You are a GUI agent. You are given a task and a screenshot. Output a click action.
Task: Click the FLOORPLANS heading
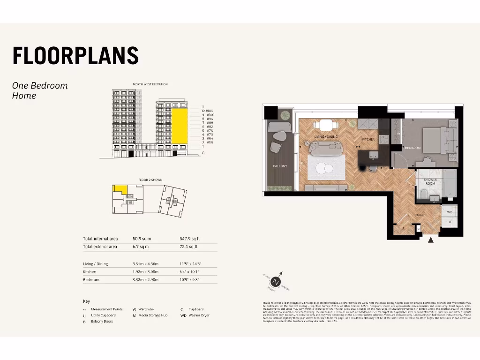(x=75, y=56)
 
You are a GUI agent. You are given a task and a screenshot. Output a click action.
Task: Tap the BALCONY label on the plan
(x=280, y=166)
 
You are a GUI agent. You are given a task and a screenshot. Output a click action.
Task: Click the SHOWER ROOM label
(x=430, y=181)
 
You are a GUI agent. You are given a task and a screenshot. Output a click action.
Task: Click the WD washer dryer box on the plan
(x=449, y=212)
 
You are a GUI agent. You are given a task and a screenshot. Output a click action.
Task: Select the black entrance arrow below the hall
(x=431, y=240)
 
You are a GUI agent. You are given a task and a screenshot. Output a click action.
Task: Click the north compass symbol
(x=277, y=281)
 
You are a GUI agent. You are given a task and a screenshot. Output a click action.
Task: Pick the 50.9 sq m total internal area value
(x=142, y=239)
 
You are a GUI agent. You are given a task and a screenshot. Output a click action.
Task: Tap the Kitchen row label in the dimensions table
(x=90, y=272)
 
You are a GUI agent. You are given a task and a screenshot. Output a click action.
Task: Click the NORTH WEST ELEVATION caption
(x=150, y=84)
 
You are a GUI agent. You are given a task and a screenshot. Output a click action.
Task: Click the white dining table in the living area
(x=325, y=125)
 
